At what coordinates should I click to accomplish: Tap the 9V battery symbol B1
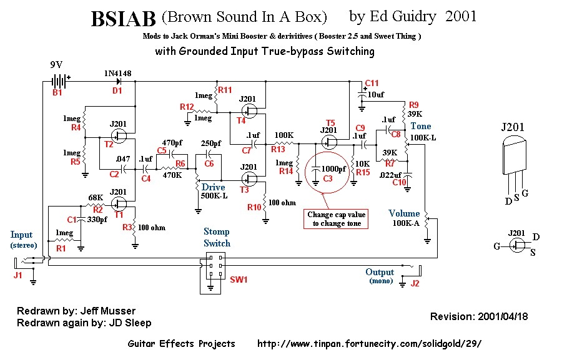[59, 81]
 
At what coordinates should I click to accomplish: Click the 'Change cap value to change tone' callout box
[337, 219]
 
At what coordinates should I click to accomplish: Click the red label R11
[225, 90]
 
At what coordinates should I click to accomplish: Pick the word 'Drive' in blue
[213, 187]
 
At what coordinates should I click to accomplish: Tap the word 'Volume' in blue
[404, 213]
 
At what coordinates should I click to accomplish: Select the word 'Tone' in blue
[420, 126]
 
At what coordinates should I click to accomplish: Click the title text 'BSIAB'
[123, 20]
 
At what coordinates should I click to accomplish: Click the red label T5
[330, 122]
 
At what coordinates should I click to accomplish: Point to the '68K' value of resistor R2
[96, 198]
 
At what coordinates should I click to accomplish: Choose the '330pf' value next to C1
[97, 220]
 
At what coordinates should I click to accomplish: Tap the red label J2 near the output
[416, 284]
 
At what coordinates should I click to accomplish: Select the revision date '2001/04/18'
[503, 316]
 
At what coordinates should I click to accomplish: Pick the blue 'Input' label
[21, 235]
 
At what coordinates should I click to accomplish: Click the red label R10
[254, 207]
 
